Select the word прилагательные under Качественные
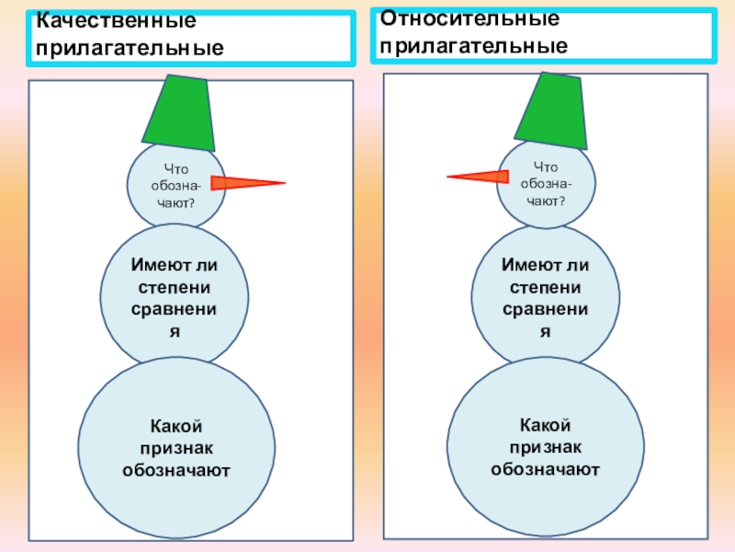click(x=130, y=45)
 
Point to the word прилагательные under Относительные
click(x=474, y=45)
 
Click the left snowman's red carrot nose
click(x=246, y=183)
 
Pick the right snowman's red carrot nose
click(x=478, y=176)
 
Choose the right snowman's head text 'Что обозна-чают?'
click(x=546, y=182)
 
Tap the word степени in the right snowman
click(x=545, y=286)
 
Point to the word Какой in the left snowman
click(x=175, y=426)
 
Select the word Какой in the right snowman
click(x=546, y=425)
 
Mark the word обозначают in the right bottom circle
click(x=546, y=469)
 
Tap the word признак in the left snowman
click(x=175, y=448)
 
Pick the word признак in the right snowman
click(x=546, y=447)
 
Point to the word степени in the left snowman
click(x=175, y=287)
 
